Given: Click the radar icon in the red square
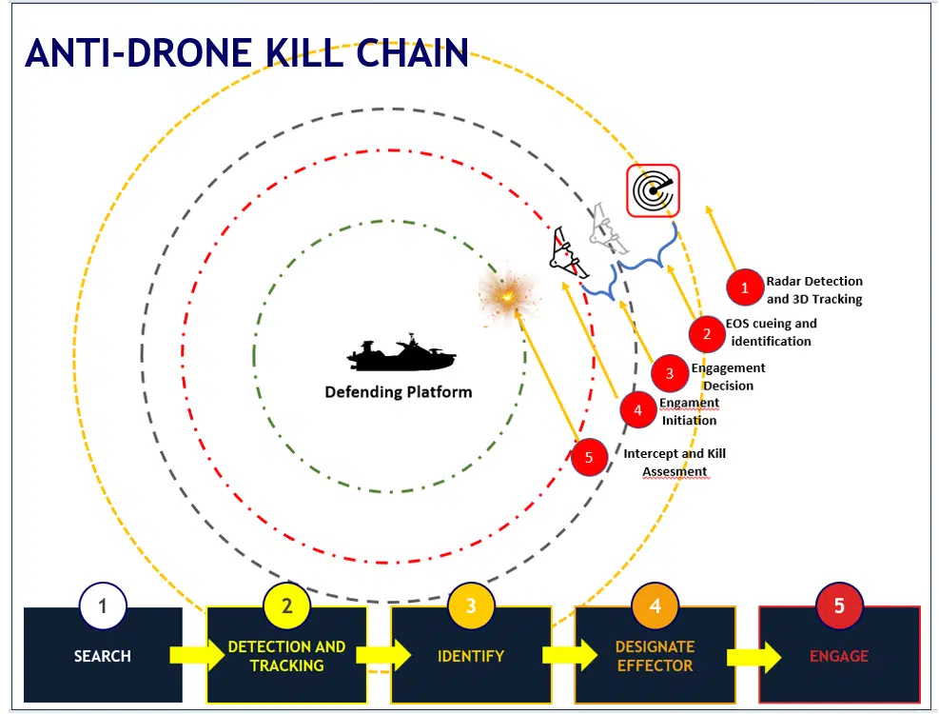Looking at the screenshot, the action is click(653, 190).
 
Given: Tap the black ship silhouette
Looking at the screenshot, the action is click(401, 354).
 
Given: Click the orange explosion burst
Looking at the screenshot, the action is click(509, 294).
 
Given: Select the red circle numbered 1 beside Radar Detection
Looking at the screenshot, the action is click(744, 288).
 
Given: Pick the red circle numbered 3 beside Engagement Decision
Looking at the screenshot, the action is click(670, 373).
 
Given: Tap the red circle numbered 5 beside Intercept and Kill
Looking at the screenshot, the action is click(589, 457).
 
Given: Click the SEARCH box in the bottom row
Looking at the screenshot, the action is click(103, 655).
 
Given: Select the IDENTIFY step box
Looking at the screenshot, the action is click(471, 655).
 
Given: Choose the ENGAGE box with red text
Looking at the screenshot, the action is click(839, 655).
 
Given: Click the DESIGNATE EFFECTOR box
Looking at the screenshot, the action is click(655, 655).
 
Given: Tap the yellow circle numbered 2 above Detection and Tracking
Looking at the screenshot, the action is click(287, 605).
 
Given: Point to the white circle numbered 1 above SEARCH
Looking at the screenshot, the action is click(103, 606).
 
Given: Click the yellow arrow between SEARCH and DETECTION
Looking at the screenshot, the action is click(196, 655).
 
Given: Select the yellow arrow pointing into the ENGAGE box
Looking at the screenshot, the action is click(753, 657).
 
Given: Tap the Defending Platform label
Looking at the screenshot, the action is click(399, 392).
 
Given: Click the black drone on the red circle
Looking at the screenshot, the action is click(568, 254).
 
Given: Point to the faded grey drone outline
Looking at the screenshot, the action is click(607, 230).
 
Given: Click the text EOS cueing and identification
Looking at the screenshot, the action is click(772, 332).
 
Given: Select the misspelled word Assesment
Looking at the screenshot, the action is click(675, 472).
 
